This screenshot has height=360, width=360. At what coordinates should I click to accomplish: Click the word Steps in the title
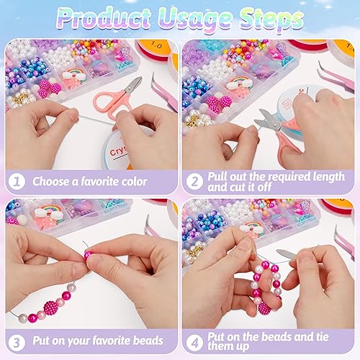click(x=271, y=19)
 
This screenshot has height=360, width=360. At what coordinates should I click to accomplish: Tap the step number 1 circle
click(x=17, y=181)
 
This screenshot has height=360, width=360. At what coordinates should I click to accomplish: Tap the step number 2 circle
click(x=194, y=181)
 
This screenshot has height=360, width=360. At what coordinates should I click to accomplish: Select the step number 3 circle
click(x=17, y=342)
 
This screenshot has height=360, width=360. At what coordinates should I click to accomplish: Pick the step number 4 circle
click(x=194, y=342)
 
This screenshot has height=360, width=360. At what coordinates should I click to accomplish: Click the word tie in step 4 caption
click(x=321, y=337)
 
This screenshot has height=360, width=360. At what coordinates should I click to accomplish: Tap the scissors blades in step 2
click(x=269, y=120)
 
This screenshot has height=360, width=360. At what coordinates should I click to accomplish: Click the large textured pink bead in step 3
click(x=51, y=308)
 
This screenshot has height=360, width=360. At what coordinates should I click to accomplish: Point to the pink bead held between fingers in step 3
click(x=88, y=255)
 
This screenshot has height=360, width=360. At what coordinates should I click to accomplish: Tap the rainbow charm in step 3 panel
click(x=48, y=212)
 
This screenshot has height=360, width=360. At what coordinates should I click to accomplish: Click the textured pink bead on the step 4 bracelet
click(x=265, y=309)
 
